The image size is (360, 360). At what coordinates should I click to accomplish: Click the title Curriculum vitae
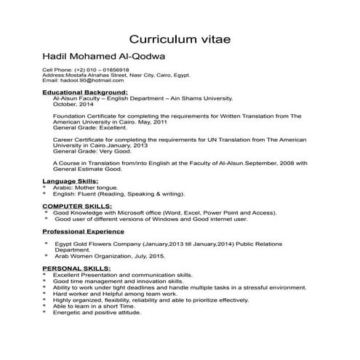click(180, 38)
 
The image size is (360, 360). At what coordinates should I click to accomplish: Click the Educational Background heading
click(84, 92)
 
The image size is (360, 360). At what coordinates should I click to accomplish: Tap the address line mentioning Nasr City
click(116, 76)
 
